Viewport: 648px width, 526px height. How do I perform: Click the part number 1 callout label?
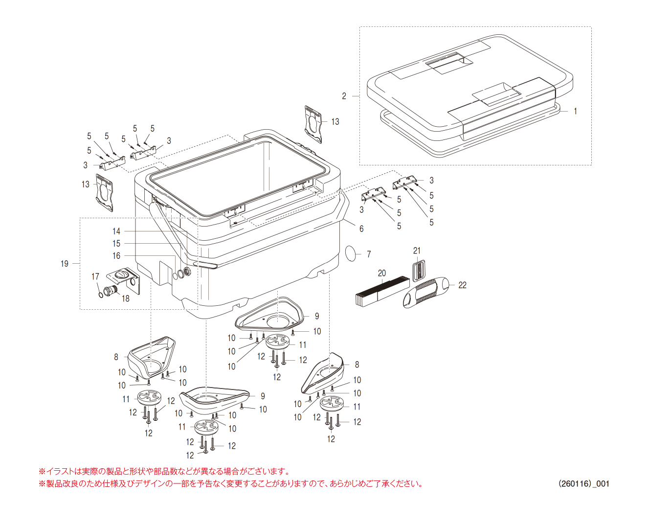point(575,112)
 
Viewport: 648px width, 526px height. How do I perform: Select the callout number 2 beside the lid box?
point(344,96)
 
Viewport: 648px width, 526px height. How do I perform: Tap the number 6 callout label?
point(361,229)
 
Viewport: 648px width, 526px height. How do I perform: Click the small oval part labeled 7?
point(351,253)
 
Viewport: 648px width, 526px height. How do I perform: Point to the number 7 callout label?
point(369,254)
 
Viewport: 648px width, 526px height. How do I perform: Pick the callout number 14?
point(116,231)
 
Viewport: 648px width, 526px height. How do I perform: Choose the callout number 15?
point(116,243)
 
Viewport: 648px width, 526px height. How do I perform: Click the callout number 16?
point(116,255)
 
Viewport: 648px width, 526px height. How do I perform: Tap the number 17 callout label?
point(95,277)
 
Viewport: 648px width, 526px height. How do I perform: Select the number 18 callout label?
point(126,298)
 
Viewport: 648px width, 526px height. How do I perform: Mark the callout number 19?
point(65,264)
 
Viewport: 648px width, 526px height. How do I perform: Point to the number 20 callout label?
point(382,274)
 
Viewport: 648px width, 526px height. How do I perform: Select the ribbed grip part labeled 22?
point(425,292)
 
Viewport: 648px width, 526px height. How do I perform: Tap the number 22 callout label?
point(462,285)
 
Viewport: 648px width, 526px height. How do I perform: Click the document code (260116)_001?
point(584,483)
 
